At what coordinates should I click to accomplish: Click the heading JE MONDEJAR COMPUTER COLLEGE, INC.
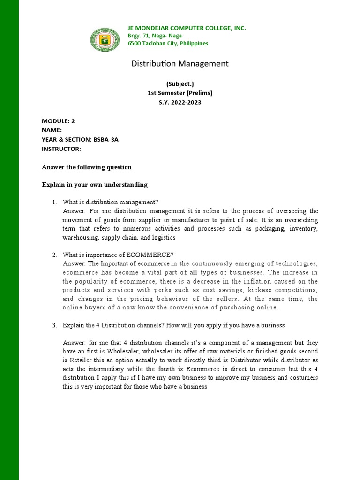187,28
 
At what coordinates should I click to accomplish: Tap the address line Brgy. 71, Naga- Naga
155,36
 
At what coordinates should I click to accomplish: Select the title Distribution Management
180,63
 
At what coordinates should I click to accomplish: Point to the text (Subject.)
180,84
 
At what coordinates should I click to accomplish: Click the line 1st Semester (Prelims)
180,93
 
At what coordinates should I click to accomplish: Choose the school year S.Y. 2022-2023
180,102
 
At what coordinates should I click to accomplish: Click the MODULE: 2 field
58,121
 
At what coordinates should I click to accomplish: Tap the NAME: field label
52,130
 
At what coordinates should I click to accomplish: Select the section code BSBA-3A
105,140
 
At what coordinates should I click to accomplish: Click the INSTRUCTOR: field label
61,149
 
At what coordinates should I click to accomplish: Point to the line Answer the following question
87,167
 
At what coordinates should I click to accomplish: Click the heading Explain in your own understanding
95,185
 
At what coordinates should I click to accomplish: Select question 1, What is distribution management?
111,202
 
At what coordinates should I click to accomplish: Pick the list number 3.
54,325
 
